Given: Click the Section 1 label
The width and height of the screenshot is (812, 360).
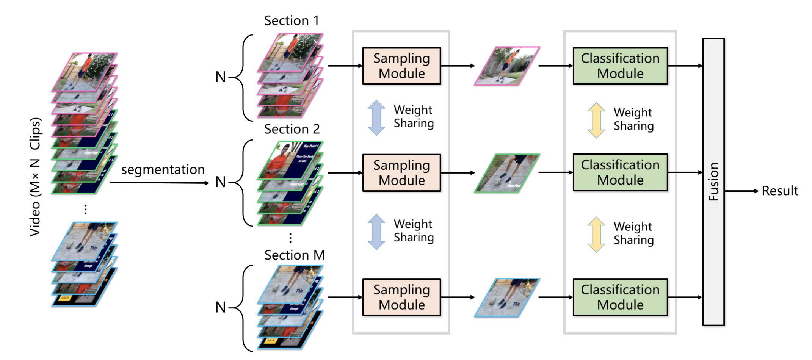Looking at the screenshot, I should pyautogui.click(x=291, y=20).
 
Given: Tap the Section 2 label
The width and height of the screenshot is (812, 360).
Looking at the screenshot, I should pyautogui.click(x=292, y=129).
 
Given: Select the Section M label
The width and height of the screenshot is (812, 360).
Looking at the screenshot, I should pyautogui.click(x=294, y=255).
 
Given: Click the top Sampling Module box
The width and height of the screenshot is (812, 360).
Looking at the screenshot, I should pyautogui.click(x=401, y=66).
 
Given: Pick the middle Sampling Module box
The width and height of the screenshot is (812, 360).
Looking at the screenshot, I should pyautogui.click(x=401, y=173).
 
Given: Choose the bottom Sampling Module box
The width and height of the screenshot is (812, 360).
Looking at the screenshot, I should pyautogui.click(x=401, y=297).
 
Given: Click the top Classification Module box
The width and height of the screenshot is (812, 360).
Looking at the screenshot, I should pyautogui.click(x=620, y=66).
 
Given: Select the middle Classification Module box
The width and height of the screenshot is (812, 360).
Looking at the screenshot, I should pyautogui.click(x=620, y=172).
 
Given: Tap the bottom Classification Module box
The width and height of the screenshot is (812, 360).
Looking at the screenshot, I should pyautogui.click(x=620, y=297).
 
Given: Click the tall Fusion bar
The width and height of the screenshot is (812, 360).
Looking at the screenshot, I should pyautogui.click(x=713, y=182).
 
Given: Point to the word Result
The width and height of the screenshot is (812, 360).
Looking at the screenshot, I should pyautogui.click(x=780, y=191).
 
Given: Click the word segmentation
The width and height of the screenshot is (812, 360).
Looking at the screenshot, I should pyautogui.click(x=163, y=169).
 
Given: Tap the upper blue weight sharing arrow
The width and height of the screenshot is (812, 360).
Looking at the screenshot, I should pyautogui.click(x=376, y=117).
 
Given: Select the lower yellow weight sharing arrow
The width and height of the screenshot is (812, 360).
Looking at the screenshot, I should pyautogui.click(x=596, y=235).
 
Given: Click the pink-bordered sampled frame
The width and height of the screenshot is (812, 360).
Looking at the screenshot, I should pyautogui.click(x=507, y=66).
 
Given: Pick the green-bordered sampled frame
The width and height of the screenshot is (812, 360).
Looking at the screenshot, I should pyautogui.click(x=507, y=173).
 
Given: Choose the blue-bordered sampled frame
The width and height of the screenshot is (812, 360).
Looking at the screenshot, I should pyautogui.click(x=507, y=297).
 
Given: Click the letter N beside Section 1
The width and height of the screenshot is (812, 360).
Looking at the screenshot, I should pyautogui.click(x=220, y=77).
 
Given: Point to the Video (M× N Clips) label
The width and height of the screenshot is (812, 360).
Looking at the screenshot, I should pyautogui.click(x=35, y=177).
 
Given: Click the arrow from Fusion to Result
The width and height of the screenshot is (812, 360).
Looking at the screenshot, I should pyautogui.click(x=741, y=191).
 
